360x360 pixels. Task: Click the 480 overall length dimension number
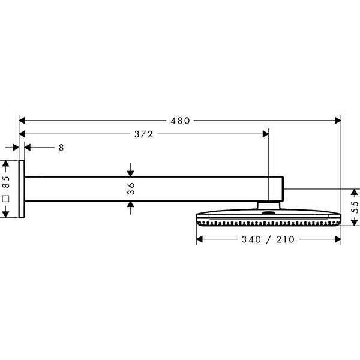[179, 121]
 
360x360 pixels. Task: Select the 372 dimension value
[143, 134]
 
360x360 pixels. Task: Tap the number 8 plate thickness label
[61, 147]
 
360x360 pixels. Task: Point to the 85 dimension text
[5, 181]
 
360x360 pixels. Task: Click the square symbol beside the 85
[5, 198]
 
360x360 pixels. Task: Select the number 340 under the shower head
[251, 240]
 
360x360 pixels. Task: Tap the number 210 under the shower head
[286, 240]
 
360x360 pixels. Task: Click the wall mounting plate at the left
[22, 189]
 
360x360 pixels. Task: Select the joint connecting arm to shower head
[269, 206]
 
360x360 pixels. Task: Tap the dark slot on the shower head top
[268, 212]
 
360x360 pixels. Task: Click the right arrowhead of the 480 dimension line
[338, 121]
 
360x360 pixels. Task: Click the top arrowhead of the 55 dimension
[353, 191]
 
